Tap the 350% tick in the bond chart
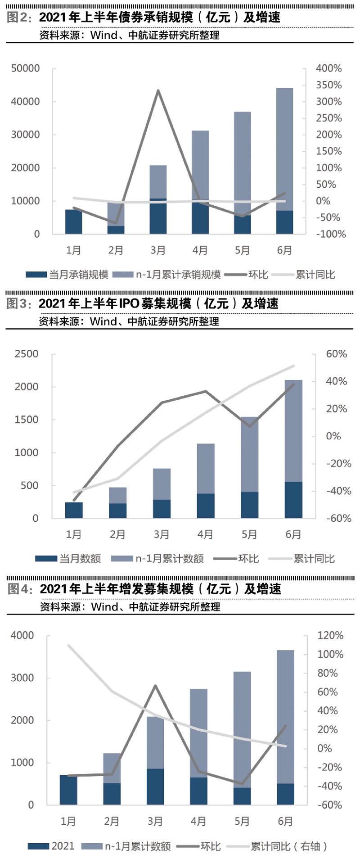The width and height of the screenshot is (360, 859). click(328, 85)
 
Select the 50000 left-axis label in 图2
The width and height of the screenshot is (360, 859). click(25, 68)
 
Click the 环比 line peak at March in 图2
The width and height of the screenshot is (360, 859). click(158, 90)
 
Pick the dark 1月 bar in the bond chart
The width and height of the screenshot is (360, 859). click(74, 222)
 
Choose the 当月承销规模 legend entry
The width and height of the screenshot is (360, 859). click(67, 275)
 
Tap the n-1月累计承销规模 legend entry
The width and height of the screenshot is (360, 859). click(166, 275)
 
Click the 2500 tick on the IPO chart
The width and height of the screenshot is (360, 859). click(27, 354)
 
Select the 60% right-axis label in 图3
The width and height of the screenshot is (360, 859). click(336, 354)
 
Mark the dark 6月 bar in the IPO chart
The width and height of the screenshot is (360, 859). click(293, 500)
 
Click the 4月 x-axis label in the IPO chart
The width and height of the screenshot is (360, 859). click(205, 534)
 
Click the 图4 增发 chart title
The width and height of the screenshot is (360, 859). click(160, 589)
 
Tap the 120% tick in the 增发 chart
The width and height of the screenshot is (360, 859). click(330, 636)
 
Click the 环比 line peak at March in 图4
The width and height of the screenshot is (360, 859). click(155, 686)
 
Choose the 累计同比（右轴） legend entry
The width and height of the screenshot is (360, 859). click(279, 846)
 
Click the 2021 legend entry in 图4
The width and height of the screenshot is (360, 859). click(52, 846)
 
